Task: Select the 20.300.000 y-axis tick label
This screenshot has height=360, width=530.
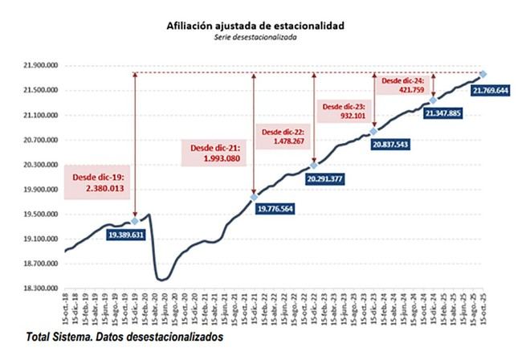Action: (x=39, y=165)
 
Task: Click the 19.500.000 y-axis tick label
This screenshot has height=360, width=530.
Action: (x=39, y=215)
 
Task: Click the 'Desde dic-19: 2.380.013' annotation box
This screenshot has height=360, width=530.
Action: (x=100, y=182)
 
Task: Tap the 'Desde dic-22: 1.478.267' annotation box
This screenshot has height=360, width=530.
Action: (x=281, y=136)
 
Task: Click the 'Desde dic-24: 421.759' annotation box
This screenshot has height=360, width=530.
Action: (x=402, y=85)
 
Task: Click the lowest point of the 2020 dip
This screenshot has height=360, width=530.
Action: (x=161, y=280)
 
